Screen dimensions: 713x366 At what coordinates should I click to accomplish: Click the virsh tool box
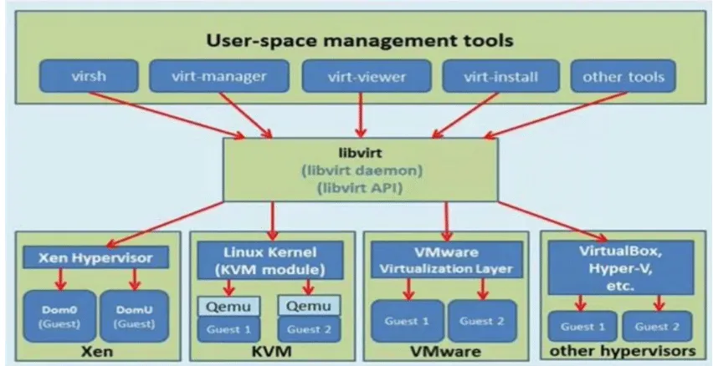pos(89,76)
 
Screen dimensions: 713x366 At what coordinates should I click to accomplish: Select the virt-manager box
pos(219,76)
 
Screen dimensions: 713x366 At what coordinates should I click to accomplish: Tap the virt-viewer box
pos(367,76)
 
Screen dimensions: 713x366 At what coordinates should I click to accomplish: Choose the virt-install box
pos(501,76)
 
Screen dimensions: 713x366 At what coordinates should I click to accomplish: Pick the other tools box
pos(623,76)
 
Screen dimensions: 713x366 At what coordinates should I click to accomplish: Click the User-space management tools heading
pos(360,40)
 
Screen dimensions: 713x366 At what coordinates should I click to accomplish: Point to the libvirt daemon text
pos(362,170)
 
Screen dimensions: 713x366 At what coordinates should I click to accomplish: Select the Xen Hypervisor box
pos(96,257)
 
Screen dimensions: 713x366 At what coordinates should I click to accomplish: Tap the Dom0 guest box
pos(59,317)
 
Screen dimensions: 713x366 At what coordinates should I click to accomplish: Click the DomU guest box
pos(134,317)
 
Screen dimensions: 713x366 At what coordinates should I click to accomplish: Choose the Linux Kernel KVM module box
pos(270,260)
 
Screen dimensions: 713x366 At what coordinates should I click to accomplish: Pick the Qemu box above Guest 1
pos(228,306)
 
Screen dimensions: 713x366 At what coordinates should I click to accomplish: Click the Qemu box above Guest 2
pos(309,306)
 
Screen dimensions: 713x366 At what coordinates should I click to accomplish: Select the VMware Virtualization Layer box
pos(447,260)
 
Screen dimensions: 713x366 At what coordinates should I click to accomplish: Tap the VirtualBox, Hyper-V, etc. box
pos(621,267)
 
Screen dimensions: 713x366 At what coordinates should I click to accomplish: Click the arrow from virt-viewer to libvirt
pos(361,114)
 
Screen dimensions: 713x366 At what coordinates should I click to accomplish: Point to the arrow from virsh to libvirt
pos(167,115)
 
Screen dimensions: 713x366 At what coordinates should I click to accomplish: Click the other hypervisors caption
pos(623,351)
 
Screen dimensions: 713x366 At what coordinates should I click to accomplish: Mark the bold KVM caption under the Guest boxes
pos(272,352)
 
